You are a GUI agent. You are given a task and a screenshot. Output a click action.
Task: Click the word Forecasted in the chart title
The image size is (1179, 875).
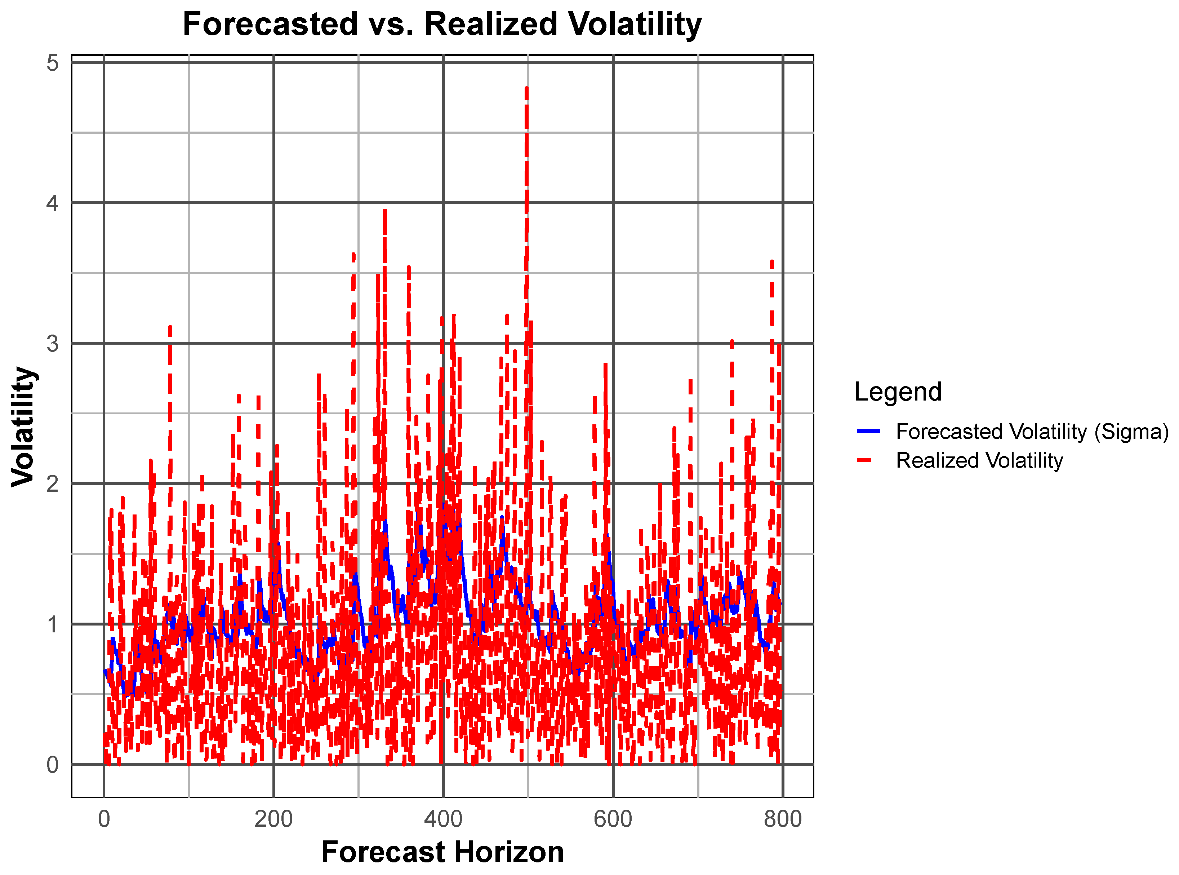(x=270, y=25)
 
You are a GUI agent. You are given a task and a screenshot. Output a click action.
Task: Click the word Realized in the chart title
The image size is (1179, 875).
(x=491, y=25)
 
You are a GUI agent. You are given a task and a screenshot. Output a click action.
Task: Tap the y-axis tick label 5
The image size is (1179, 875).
(x=52, y=63)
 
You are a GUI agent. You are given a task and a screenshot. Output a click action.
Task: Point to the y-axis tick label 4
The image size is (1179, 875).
(x=52, y=203)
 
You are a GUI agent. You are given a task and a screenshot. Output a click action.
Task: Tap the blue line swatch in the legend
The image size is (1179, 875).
(x=868, y=432)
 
